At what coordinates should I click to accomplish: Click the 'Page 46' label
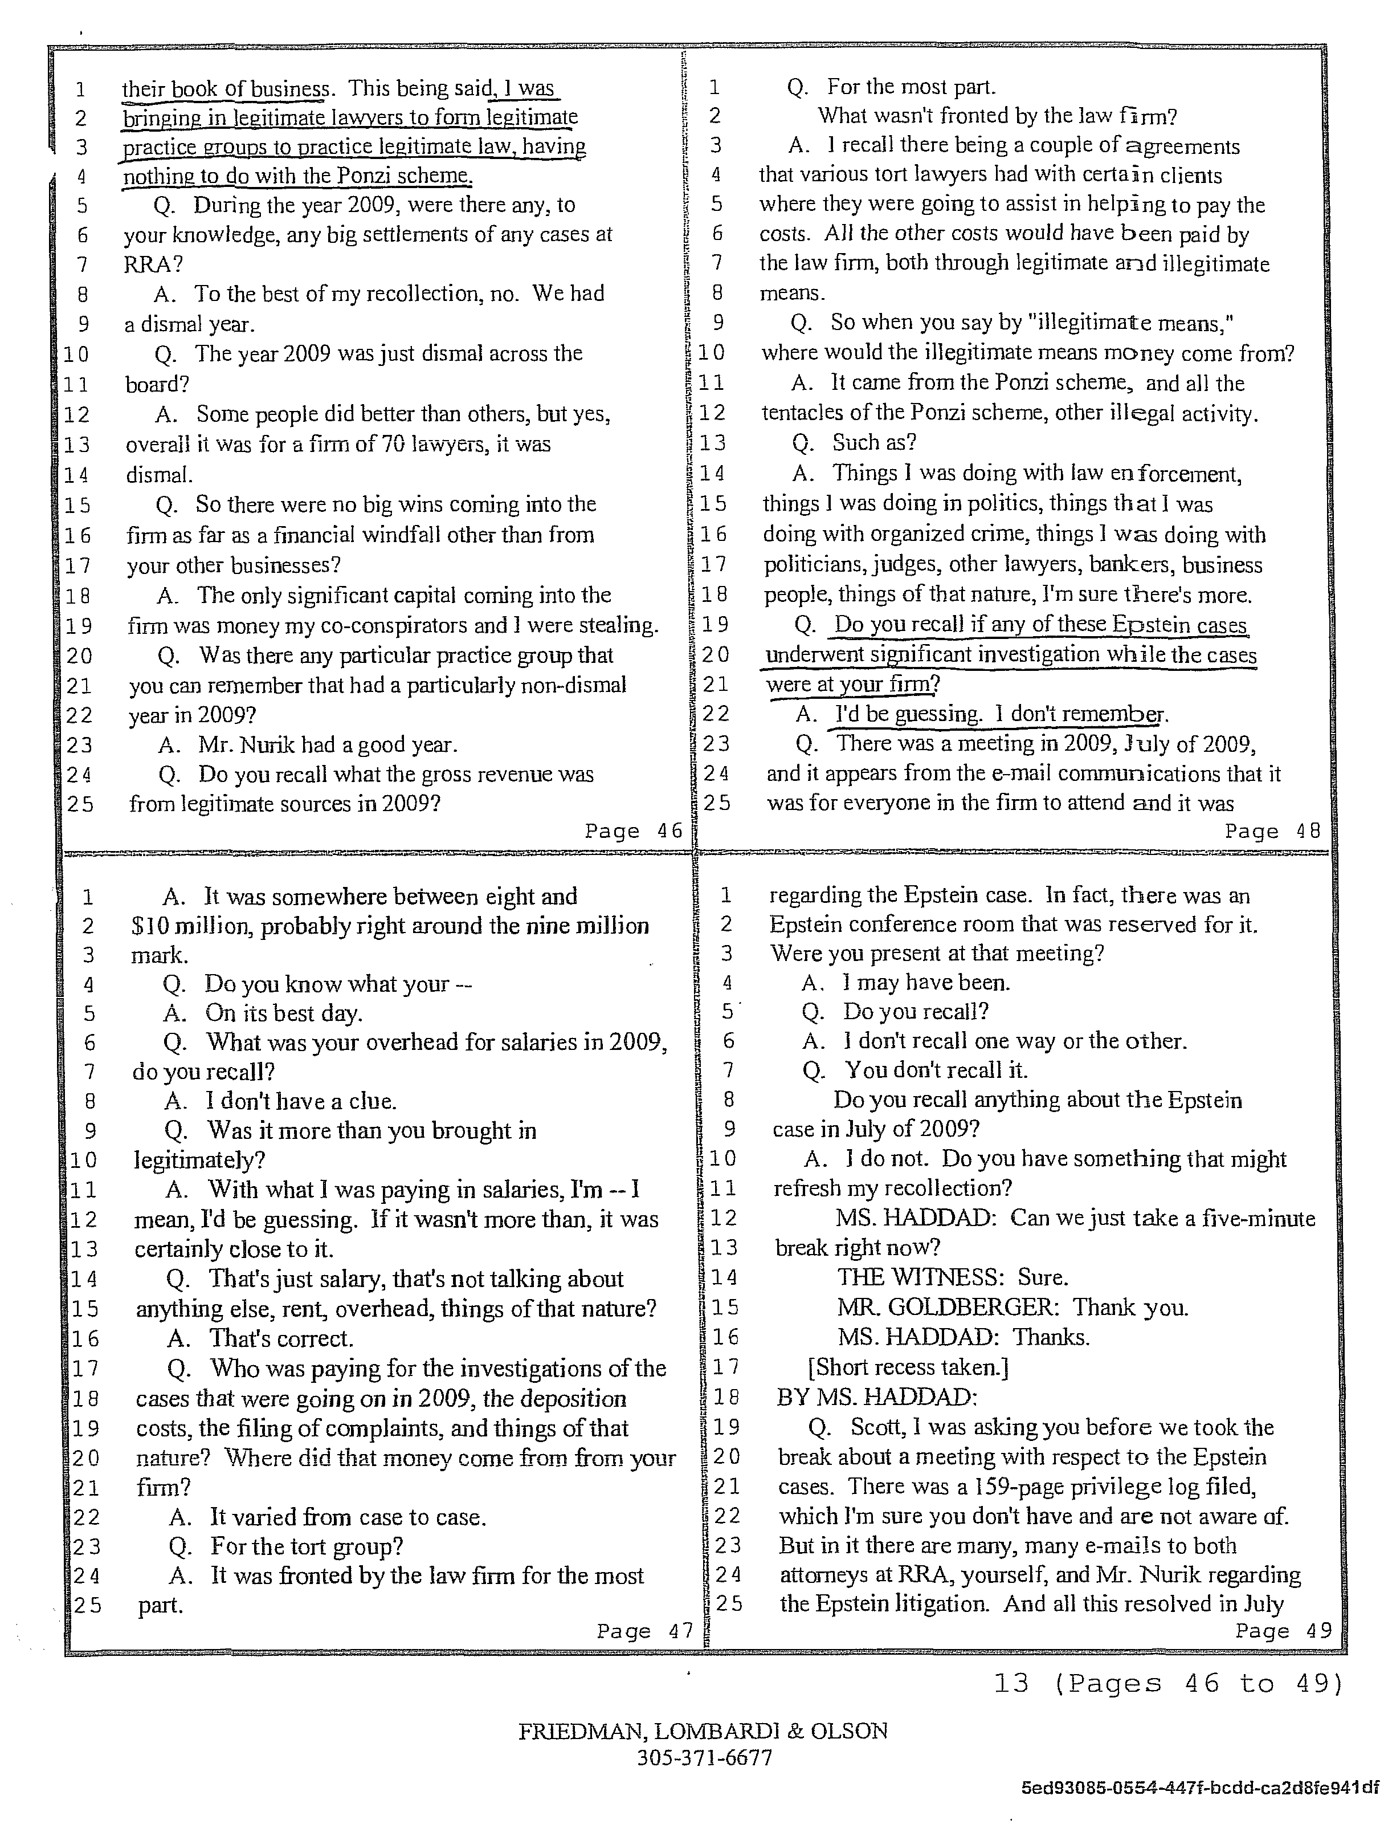(633, 831)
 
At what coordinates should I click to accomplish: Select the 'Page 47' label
(644, 1631)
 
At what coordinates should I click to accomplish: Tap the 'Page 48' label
(1273, 831)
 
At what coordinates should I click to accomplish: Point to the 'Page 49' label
(1284, 1630)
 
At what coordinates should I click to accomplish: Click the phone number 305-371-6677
(704, 1757)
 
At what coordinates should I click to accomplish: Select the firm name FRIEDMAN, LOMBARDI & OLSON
(703, 1730)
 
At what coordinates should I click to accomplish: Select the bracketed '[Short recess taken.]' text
(908, 1367)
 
